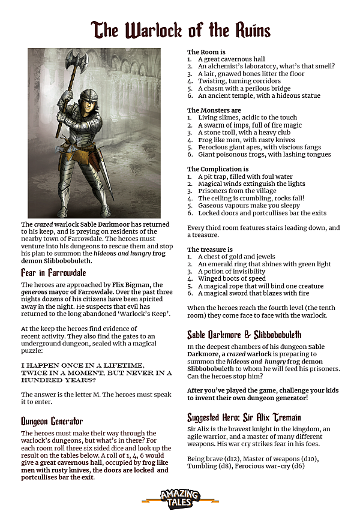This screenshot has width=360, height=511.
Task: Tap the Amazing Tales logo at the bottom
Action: pos(180,497)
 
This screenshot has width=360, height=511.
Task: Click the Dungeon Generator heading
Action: pos(52,420)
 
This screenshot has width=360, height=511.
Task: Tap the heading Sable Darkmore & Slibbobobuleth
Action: pos(244,334)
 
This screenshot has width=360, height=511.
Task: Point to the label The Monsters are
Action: pos(214,110)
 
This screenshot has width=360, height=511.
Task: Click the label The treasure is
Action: pos(210,250)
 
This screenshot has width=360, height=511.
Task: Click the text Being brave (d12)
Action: pos(212,458)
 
